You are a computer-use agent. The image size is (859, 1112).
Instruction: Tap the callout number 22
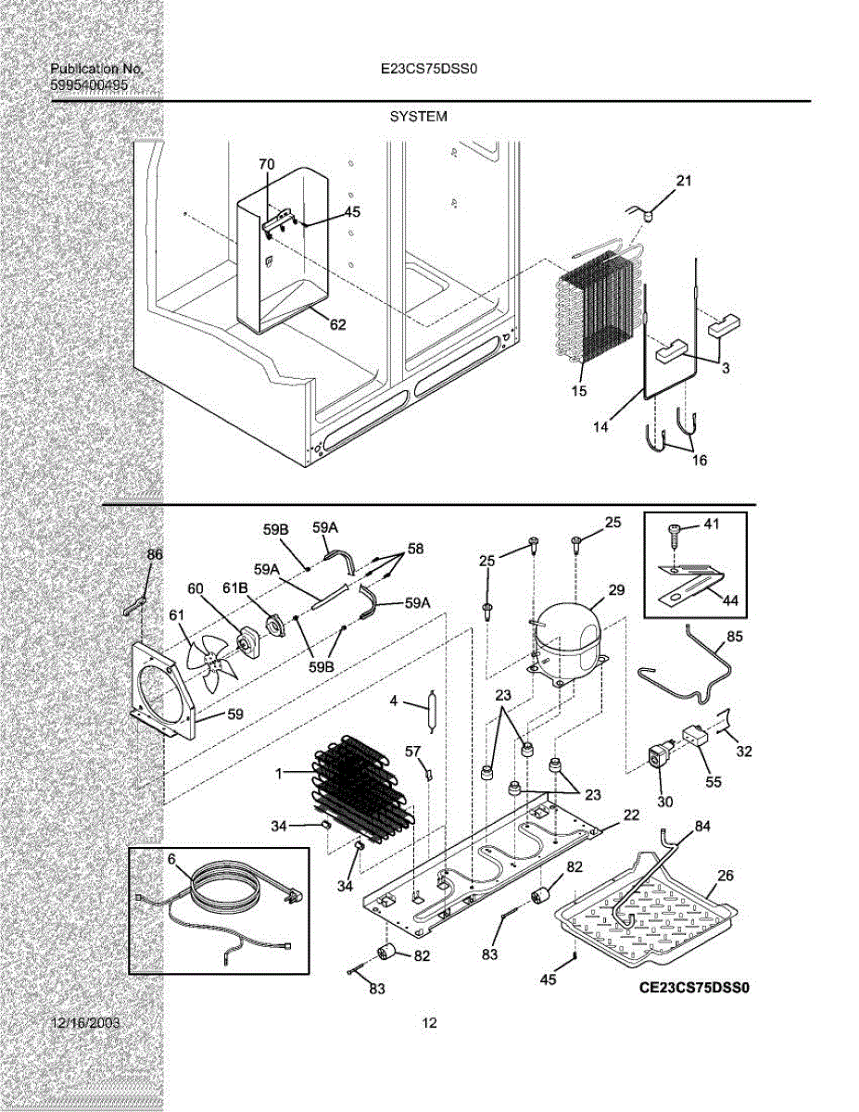point(631,815)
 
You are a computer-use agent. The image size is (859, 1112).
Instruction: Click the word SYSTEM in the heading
point(418,117)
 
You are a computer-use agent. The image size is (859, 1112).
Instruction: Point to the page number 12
point(429,1023)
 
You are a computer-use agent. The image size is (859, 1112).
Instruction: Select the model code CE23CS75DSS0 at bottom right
point(694,988)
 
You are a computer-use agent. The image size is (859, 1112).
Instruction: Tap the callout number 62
point(337,325)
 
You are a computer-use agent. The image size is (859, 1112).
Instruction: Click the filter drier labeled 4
point(431,713)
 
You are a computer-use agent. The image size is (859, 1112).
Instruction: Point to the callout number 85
point(735,637)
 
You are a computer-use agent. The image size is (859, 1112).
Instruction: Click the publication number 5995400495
point(89,85)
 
